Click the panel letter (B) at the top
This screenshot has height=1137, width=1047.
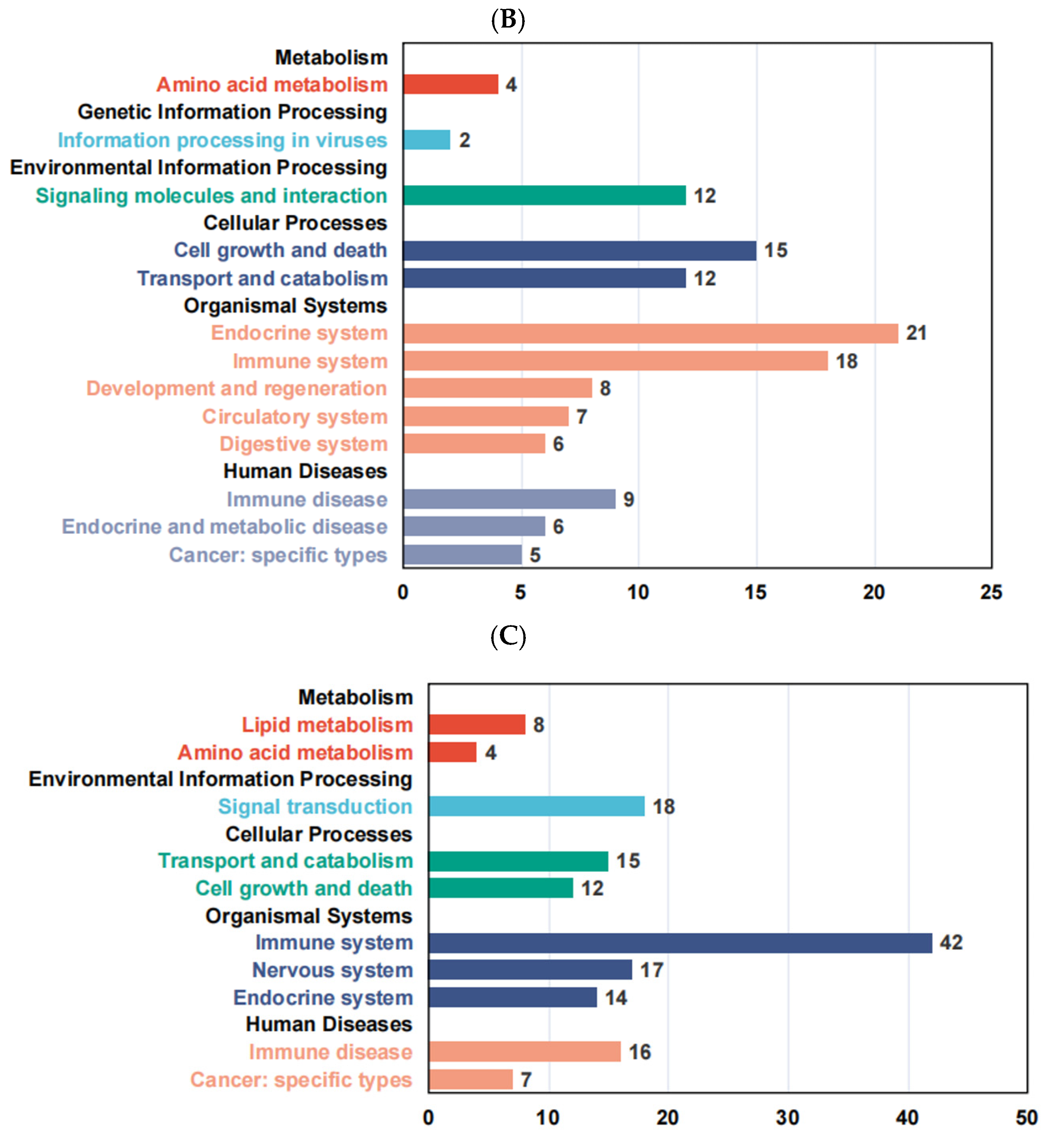click(508, 20)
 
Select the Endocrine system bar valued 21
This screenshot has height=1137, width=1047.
click(650, 333)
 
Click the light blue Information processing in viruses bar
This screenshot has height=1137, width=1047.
click(427, 140)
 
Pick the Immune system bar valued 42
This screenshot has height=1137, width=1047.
click(680, 942)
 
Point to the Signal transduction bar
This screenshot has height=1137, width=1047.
click(536, 806)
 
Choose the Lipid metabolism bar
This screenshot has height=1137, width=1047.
click(477, 724)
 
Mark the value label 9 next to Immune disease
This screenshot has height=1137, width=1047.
click(628, 499)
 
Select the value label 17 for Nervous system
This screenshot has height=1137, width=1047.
click(652, 970)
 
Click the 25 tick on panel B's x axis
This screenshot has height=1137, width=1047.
click(991, 592)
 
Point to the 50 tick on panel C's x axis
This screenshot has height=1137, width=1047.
click(1026, 1118)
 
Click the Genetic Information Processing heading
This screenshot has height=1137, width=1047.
click(232, 112)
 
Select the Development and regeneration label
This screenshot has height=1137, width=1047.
click(237, 389)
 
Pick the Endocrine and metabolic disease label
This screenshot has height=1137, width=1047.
click(225, 526)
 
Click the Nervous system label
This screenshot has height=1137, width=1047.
click(332, 970)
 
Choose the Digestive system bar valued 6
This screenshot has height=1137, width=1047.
click(474, 444)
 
